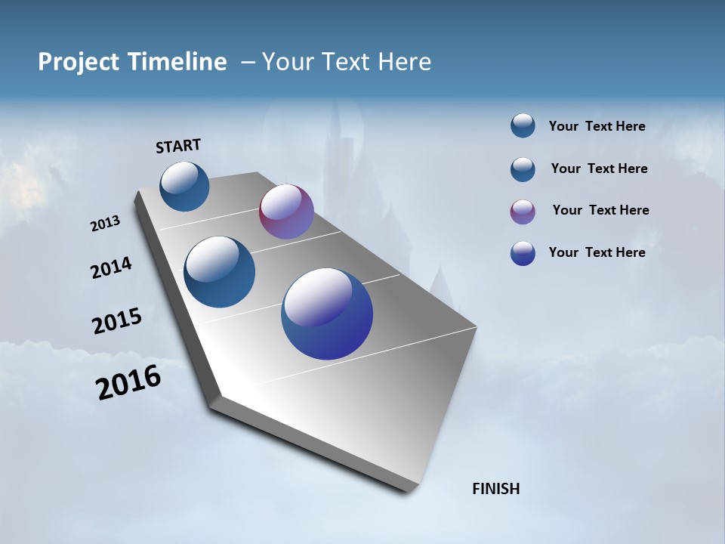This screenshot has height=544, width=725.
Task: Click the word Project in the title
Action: [x=79, y=62]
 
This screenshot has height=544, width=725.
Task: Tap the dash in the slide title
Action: [x=248, y=62]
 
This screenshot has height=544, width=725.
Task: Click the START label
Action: [x=178, y=146]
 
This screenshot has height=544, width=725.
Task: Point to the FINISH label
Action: [x=495, y=489]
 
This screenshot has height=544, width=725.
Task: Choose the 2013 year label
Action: [x=105, y=224]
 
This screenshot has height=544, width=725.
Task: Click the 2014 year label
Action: [x=111, y=268]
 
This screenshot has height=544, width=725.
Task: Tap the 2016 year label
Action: [x=128, y=382]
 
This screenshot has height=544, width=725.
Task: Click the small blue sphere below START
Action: [x=184, y=186]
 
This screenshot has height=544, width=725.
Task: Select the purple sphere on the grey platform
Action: [x=286, y=212]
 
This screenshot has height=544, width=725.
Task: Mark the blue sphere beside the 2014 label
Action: [x=219, y=272]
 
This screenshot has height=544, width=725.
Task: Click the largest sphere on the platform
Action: [x=327, y=314]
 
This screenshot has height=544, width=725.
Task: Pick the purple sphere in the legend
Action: [x=523, y=212]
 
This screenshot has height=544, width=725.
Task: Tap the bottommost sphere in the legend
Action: [x=523, y=253]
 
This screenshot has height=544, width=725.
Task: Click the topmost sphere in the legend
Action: [x=523, y=125]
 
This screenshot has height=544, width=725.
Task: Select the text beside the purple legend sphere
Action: [x=600, y=210]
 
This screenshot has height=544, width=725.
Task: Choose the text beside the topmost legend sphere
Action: [x=597, y=126]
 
